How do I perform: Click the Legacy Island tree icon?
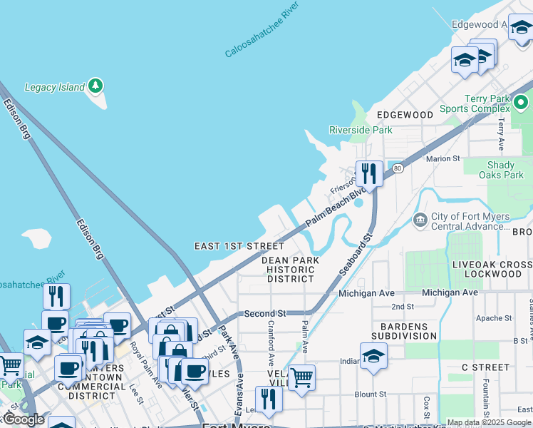click(x=95, y=87)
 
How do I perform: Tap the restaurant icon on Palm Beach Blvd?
click(x=369, y=173)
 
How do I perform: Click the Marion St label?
click(x=444, y=158)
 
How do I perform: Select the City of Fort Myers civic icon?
click(x=420, y=218)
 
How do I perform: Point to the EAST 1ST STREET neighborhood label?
click(x=229, y=246)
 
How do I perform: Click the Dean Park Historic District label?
click(x=288, y=270)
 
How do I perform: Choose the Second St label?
click(x=264, y=313)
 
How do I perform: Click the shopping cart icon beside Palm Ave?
click(x=302, y=377)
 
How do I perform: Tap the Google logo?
click(x=24, y=419)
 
